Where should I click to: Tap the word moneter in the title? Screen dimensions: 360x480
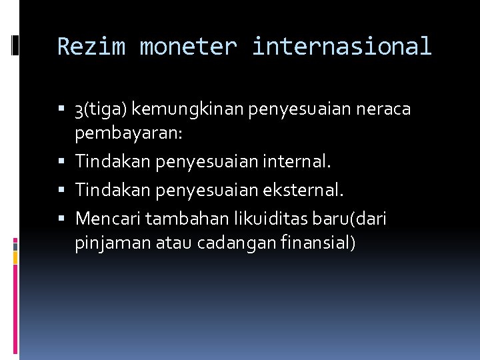(x=189, y=47)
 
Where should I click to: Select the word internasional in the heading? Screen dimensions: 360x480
(x=342, y=47)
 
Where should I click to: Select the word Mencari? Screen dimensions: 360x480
(x=108, y=218)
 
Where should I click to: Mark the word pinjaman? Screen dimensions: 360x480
(x=113, y=243)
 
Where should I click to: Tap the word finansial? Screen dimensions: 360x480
(x=322, y=243)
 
